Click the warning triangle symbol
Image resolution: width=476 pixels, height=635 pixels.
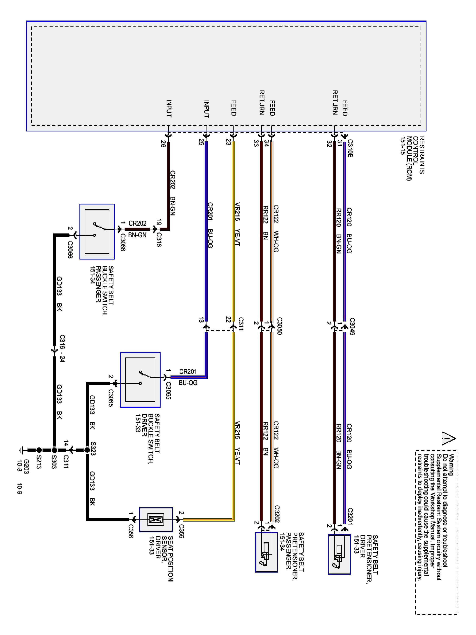click(448, 438)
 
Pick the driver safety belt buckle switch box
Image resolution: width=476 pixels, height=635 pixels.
click(140, 380)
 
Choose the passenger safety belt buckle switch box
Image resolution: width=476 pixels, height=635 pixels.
click(97, 232)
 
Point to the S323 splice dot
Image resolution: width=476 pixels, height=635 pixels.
click(87, 450)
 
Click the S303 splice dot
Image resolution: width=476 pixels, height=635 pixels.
click(54, 450)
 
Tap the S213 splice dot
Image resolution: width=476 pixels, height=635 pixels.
click(39, 450)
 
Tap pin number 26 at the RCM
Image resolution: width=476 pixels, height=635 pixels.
click(163, 144)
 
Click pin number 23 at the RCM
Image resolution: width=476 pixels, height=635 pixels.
click(228, 142)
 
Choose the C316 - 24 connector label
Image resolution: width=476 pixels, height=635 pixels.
click(62, 348)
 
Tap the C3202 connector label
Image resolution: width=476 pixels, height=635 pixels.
click(277, 514)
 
